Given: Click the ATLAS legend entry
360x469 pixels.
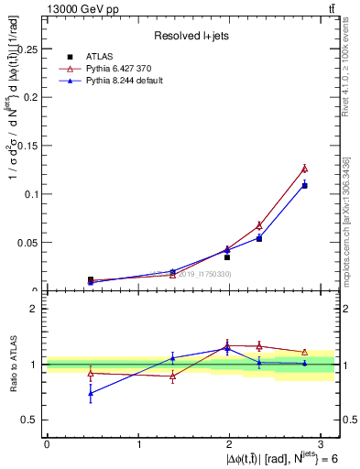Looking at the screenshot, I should [x=99, y=57].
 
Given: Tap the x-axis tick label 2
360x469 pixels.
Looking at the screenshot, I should [x=230, y=444].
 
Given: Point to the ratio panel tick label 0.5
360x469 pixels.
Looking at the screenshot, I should [x=31, y=420].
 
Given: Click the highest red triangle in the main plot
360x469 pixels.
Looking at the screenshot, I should [x=305, y=169].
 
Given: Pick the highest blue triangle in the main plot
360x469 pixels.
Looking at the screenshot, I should [x=305, y=185].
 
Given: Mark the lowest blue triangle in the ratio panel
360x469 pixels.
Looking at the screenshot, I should [x=91, y=393].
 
